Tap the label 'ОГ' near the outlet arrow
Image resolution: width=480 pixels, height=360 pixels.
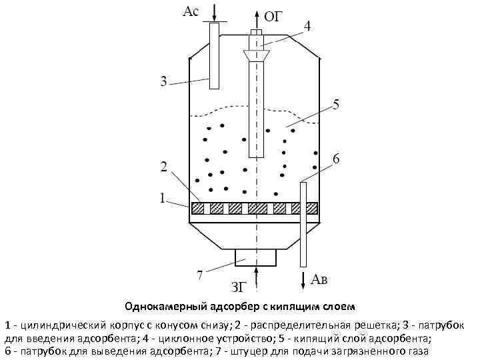(273, 17)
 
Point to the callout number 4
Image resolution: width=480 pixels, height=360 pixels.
(307, 26)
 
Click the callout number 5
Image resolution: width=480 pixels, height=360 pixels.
(337, 104)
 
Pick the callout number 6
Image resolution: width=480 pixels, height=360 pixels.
(336, 159)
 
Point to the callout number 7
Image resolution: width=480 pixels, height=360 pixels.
(199, 274)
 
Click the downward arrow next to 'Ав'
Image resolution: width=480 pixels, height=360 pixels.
(304, 278)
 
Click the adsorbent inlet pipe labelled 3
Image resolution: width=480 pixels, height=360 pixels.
(213, 57)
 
